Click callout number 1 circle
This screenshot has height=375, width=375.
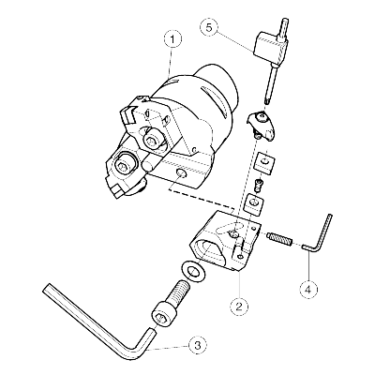click(x=172, y=39)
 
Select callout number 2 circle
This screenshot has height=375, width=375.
click(x=239, y=307)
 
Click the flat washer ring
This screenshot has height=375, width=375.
click(x=192, y=271)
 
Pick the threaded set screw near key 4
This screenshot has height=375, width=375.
click(x=279, y=240)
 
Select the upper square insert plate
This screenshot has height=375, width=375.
click(x=264, y=163)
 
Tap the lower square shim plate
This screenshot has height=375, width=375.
click(x=256, y=203)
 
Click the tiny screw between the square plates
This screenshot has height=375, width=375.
click(x=258, y=185)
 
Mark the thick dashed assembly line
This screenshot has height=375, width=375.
click(x=202, y=200)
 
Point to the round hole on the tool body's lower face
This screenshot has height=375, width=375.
click(x=181, y=173)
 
